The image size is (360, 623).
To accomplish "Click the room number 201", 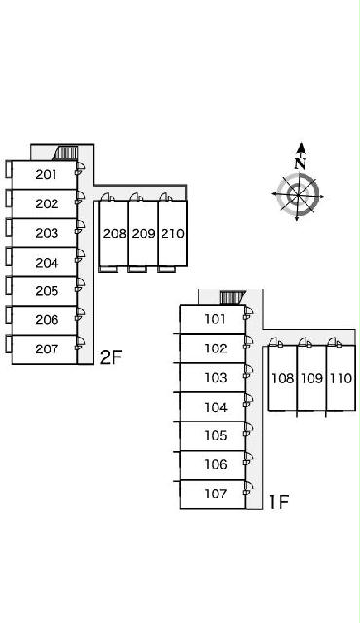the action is [x=46, y=174].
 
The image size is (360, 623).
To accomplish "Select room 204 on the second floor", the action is [x=47, y=262].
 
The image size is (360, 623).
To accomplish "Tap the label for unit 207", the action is [x=47, y=348].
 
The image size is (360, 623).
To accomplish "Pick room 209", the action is [x=143, y=234].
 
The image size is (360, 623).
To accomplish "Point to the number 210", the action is [x=172, y=234].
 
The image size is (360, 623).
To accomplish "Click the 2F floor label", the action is [x=110, y=358].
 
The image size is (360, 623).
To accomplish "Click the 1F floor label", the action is [x=278, y=502].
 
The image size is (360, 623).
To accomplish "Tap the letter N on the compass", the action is [x=301, y=163].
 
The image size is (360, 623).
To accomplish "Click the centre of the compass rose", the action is [x=298, y=195].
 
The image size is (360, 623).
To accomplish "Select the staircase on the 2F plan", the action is [x=65, y=153].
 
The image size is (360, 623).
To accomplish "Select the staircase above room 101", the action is [x=233, y=297].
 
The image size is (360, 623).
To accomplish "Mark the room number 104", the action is [x=216, y=407].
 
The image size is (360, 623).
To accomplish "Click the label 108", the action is [x=282, y=378].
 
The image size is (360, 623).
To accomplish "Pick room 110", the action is [x=341, y=378].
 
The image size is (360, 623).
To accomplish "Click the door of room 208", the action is [x=108, y=198].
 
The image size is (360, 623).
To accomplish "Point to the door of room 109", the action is [x=306, y=342].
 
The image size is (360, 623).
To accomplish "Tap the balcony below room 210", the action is [x=166, y=269].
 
